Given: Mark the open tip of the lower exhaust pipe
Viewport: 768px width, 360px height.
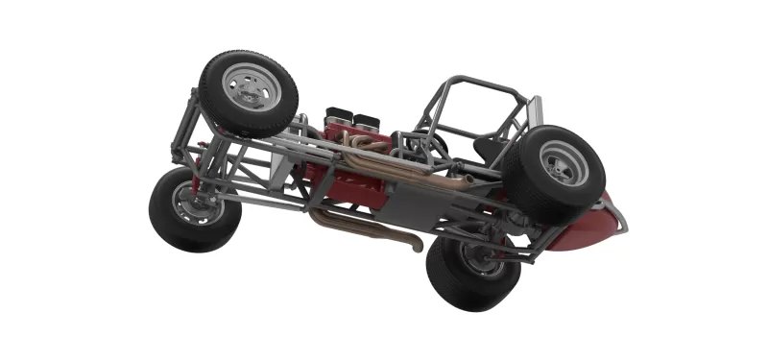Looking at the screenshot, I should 419,247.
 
